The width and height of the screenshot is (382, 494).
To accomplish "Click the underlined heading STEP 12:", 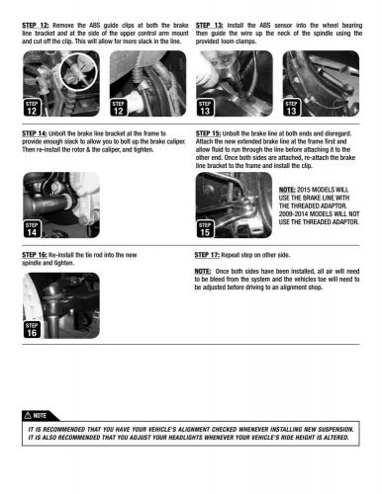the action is coord(36,26).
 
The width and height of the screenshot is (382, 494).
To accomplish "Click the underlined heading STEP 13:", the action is coord(209,26).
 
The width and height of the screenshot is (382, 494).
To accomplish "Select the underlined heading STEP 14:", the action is coord(35,133).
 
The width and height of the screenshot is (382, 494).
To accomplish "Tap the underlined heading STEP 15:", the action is coord(208,133).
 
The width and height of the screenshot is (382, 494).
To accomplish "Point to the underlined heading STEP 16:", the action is coord(35,255).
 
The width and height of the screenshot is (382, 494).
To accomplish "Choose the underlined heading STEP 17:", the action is coord(207,255).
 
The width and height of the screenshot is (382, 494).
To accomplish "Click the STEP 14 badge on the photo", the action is coord(32,228).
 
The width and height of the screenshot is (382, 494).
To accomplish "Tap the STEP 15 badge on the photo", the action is coord(205,228).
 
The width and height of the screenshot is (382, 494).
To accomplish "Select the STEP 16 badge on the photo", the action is coord(32,329).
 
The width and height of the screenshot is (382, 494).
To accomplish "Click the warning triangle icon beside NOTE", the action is coord(28,415).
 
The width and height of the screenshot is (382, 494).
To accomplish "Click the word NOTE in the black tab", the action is coord(40,416).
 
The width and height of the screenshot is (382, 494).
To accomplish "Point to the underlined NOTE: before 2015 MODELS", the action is coord(287,190).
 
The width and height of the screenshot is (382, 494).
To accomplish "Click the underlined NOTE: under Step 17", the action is coord(203,272).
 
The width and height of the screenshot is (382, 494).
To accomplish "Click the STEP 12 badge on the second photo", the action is coord(119,108).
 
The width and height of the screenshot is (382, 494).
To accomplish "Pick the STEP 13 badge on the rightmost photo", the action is coord(292,108).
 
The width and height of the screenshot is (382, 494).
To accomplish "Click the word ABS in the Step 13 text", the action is coord(265,26).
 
